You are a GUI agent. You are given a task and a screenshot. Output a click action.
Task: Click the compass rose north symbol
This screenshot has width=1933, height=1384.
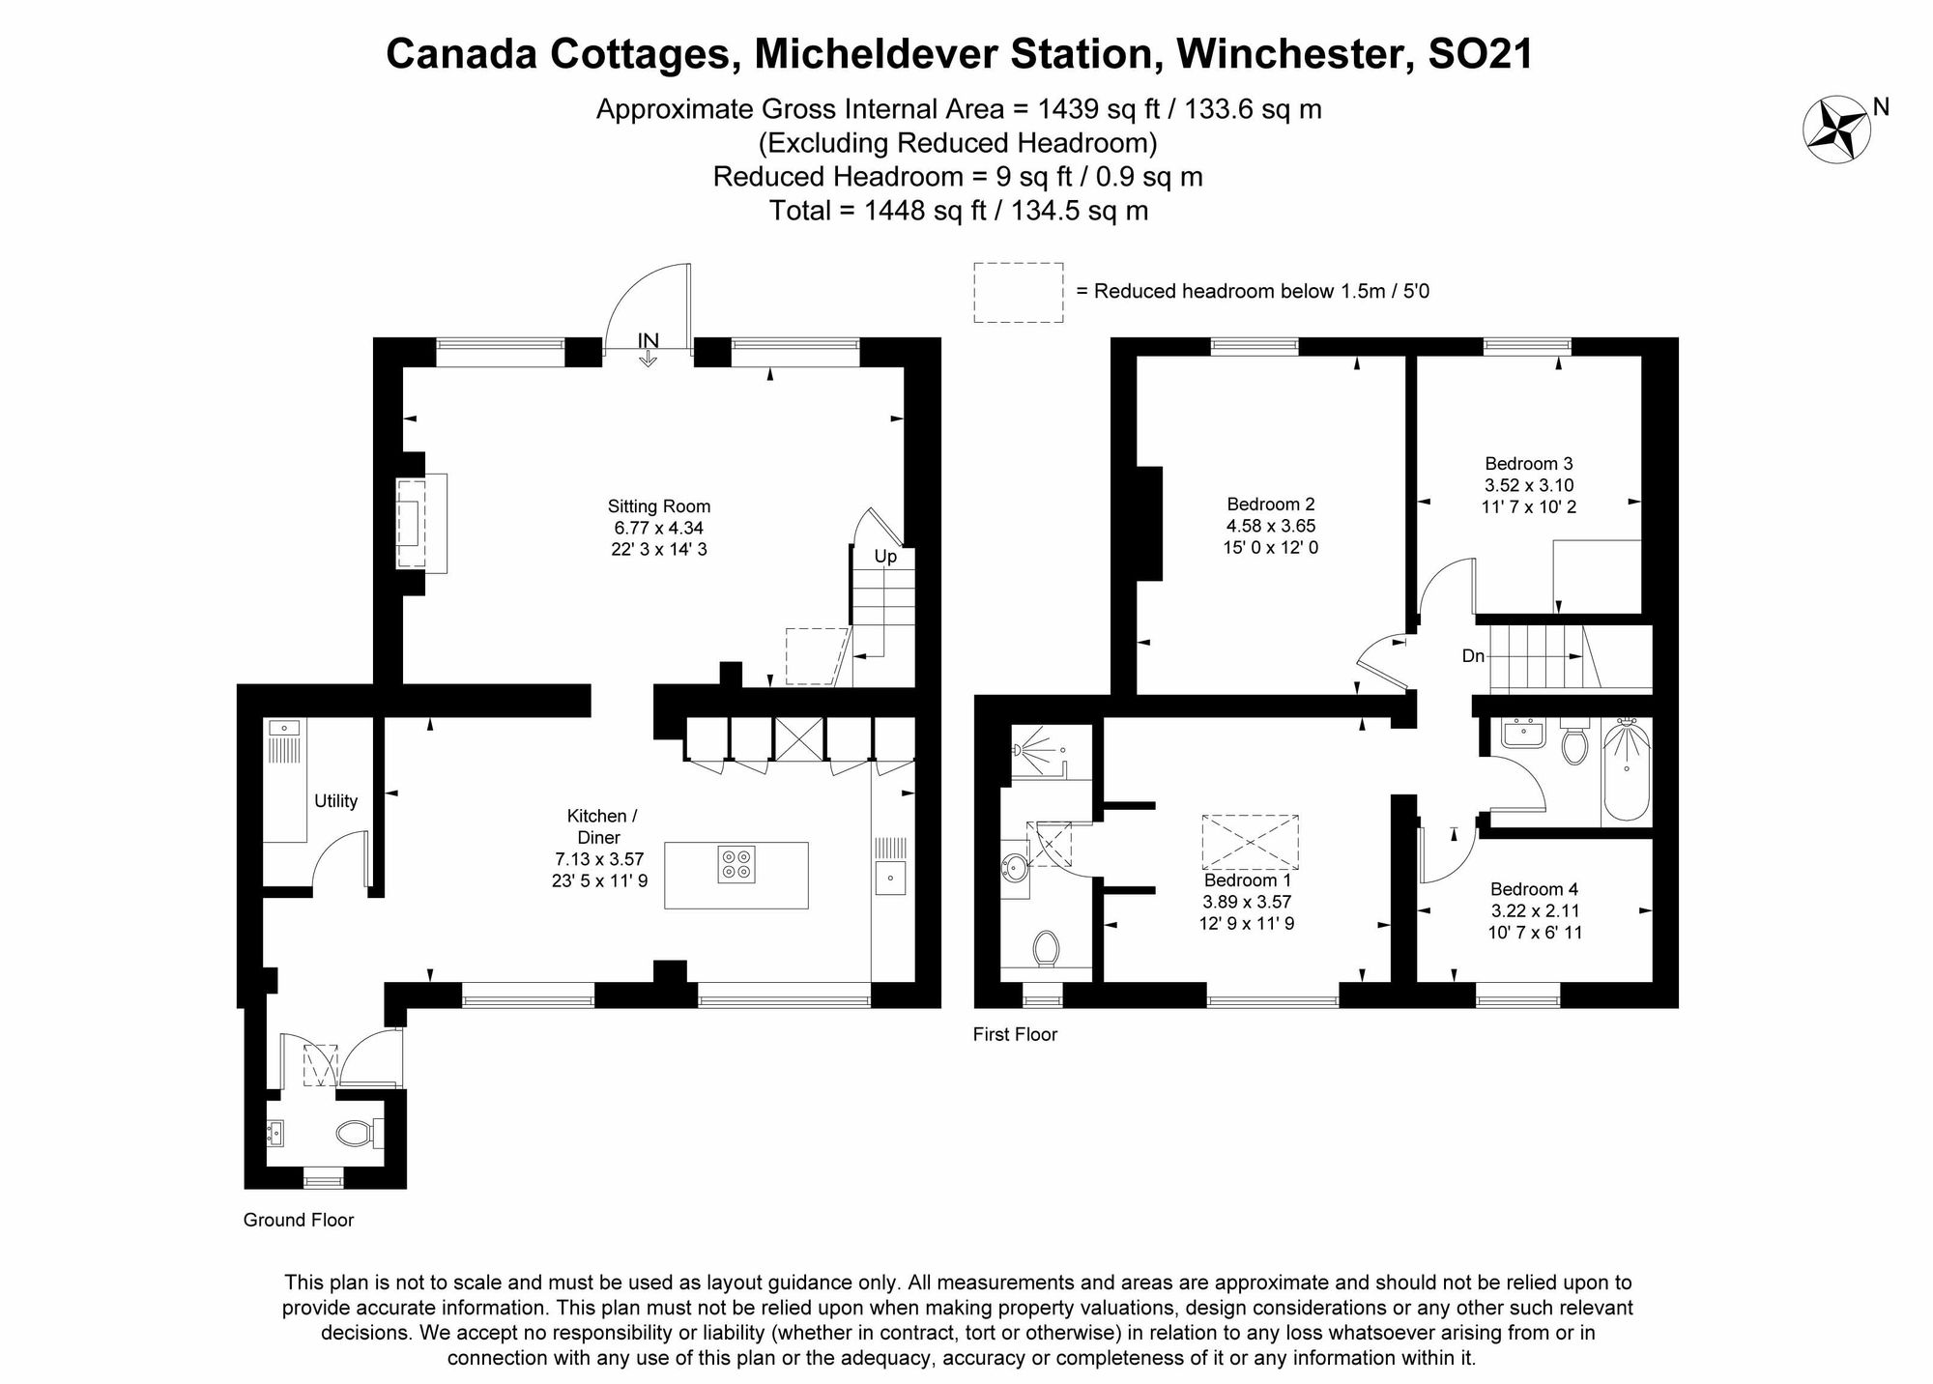point(1836,129)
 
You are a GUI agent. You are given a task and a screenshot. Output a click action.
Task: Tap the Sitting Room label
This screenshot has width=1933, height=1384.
point(659,528)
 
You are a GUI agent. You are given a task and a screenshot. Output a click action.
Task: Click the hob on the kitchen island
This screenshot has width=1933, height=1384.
point(736,864)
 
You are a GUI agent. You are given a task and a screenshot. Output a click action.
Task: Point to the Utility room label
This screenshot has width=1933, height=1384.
point(336,801)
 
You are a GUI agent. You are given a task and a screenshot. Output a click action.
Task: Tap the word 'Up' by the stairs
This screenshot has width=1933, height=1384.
point(885,557)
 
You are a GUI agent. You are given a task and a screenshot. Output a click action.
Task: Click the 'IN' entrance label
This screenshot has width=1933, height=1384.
point(648,340)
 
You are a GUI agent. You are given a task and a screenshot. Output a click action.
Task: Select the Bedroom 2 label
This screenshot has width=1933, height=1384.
point(1271,526)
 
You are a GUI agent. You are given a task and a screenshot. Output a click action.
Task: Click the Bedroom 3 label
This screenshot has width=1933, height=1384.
point(1529,485)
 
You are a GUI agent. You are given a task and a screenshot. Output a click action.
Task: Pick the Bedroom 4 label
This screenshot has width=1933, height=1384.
point(1535,910)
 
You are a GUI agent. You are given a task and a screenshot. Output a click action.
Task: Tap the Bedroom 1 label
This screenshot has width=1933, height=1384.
point(1248,902)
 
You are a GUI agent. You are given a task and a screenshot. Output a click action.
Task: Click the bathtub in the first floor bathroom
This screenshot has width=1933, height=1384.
point(1627,771)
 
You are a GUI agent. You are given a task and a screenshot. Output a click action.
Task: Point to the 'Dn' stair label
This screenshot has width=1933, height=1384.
point(1473,656)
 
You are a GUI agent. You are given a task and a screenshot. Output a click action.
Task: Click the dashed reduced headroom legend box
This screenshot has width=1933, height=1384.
point(1019,292)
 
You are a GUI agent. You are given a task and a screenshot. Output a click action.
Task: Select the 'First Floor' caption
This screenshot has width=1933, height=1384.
point(1015,1034)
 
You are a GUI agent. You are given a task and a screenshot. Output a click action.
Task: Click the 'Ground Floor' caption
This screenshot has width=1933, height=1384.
point(299,1220)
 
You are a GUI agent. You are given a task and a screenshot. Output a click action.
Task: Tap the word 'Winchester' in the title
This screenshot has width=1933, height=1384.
point(1289,54)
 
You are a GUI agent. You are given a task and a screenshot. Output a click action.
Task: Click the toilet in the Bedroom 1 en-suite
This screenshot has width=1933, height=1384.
point(1045,948)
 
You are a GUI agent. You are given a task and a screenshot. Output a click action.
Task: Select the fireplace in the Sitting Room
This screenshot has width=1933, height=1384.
point(422,523)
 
